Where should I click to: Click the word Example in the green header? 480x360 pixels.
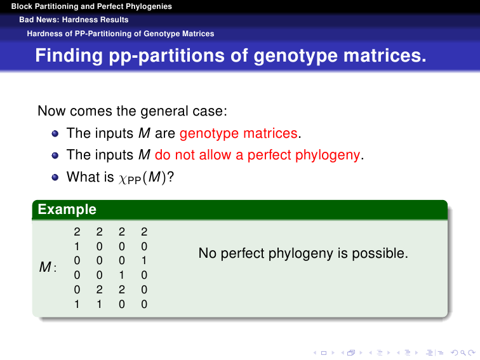67,210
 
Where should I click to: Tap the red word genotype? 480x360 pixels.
209,134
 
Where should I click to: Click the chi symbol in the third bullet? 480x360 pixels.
122,179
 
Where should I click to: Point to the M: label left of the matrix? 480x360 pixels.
48,267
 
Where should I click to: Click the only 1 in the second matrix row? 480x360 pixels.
77,246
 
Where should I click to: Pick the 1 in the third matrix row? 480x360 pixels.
144,260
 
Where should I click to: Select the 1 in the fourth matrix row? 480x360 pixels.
121,275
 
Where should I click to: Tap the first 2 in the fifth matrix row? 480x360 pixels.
99,290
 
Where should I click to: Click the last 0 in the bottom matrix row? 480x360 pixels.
144,304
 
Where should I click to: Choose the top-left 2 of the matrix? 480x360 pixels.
77,232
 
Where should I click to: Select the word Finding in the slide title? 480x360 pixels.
69,56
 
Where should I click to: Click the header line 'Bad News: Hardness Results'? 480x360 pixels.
74,20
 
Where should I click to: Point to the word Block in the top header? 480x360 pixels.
22,6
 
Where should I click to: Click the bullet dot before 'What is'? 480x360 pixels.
55,177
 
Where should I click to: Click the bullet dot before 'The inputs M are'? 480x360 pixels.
55,133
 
